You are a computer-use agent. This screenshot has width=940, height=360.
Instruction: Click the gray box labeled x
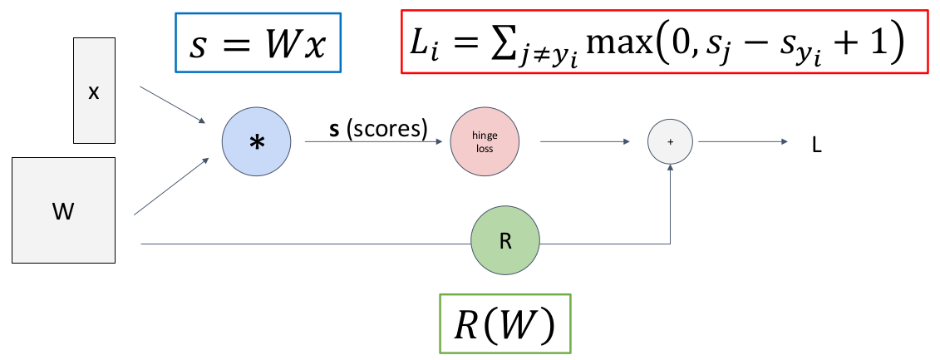93,92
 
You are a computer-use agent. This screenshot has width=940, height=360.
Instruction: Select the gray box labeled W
63,210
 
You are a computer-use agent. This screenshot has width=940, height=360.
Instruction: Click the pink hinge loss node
485,141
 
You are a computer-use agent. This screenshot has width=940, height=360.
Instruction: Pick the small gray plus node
671,142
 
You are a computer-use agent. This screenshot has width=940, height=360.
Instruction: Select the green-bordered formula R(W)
504,325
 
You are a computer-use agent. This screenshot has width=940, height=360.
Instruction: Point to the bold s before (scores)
334,129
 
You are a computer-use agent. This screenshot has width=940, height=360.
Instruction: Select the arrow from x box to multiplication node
173,105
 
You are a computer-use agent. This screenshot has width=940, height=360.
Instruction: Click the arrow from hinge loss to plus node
583,142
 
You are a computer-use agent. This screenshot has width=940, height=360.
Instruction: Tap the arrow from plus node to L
740,142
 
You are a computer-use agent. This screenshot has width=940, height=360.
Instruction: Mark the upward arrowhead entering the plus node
671,168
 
